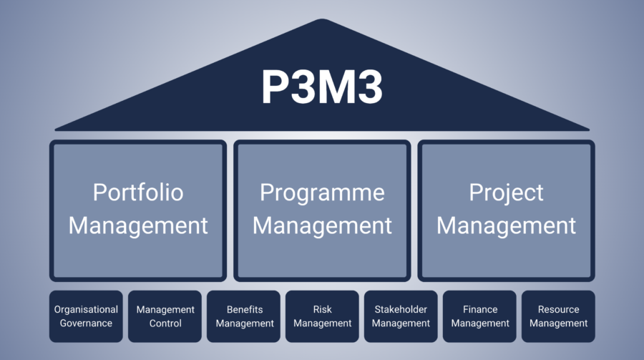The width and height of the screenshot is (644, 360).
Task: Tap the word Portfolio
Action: click(x=138, y=193)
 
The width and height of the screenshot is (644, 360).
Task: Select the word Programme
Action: click(x=322, y=193)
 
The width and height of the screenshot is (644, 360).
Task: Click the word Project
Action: click(x=506, y=193)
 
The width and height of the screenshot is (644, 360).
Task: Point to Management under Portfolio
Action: click(x=138, y=225)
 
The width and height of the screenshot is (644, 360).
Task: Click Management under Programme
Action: click(x=322, y=225)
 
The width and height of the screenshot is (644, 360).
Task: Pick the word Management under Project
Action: click(x=506, y=225)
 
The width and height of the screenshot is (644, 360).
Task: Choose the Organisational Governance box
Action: click(x=87, y=316)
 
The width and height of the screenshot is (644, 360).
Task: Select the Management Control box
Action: click(x=165, y=316)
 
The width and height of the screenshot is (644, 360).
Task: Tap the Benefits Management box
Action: click(x=244, y=316)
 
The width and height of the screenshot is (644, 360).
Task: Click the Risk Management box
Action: click(x=322, y=316)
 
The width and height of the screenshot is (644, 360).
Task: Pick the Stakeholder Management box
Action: click(x=401, y=316)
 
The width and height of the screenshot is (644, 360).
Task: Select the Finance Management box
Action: click(x=479, y=316)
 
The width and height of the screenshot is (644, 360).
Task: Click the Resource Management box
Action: click(x=558, y=316)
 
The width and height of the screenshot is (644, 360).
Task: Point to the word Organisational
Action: click(x=87, y=310)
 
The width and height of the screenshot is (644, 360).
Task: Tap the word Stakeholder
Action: click(x=401, y=310)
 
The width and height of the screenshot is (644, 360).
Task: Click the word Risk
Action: click(x=322, y=310)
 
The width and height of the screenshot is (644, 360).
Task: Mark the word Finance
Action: click(x=479, y=310)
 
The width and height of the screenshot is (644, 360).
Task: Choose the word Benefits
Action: click(x=244, y=310)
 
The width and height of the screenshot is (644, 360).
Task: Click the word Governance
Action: click(x=87, y=323)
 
